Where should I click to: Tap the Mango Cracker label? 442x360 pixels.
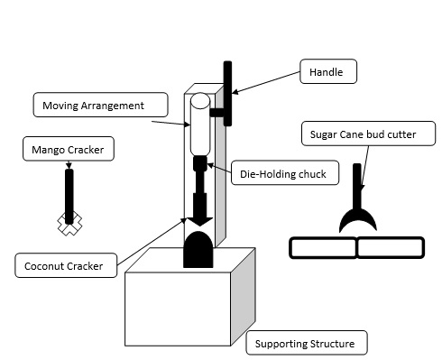[69, 149]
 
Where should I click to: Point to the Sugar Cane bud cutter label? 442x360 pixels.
[369, 136]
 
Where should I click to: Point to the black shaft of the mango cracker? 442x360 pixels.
[69, 190]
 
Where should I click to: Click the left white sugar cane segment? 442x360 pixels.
[322, 247]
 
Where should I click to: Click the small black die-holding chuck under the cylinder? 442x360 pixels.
[199, 163]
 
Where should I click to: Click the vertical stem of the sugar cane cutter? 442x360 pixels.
[358, 184]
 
